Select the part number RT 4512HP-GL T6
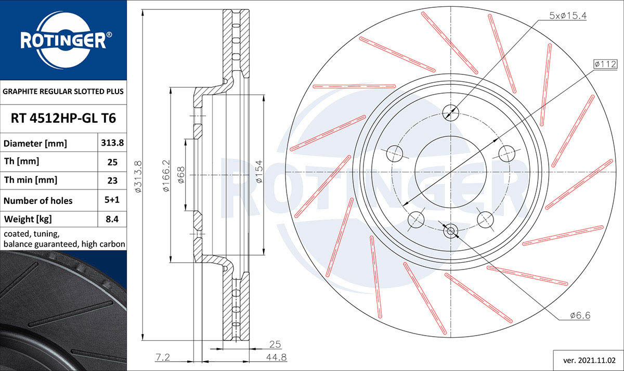63,118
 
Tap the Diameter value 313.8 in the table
112,143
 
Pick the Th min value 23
112,181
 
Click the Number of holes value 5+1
112,200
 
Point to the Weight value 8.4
112,219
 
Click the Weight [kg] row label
28,220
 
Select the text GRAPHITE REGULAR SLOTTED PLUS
63,92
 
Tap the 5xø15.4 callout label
568,16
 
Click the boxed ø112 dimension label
605,64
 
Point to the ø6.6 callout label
580,315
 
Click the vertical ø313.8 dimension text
138,176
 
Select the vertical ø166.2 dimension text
166,175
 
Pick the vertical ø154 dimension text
259,171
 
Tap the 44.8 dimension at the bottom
276,357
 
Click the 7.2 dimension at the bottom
163,357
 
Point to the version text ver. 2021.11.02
589,361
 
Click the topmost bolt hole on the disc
450,113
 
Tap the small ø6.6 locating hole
450,231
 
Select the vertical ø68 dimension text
181,175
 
